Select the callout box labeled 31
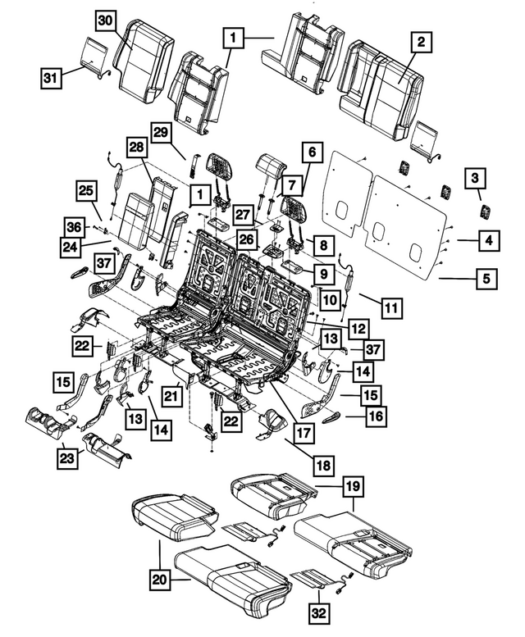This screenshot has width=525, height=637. click(52, 79)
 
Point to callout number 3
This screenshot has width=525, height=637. click(475, 177)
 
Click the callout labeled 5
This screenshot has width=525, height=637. click(487, 280)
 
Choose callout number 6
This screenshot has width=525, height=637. click(311, 152)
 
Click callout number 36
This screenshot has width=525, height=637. click(75, 226)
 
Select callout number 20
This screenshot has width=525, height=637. click(161, 580)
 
